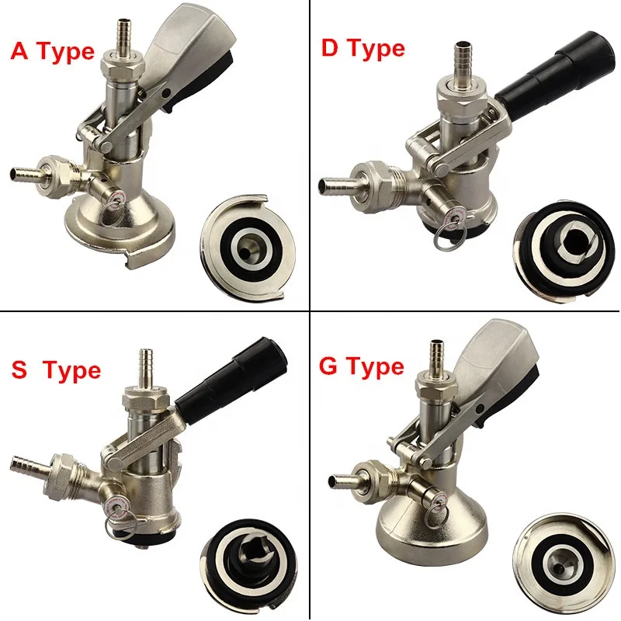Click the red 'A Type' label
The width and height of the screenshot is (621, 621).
point(52,52)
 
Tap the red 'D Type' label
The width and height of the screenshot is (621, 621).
point(363,49)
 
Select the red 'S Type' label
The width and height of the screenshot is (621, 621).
point(55,370)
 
